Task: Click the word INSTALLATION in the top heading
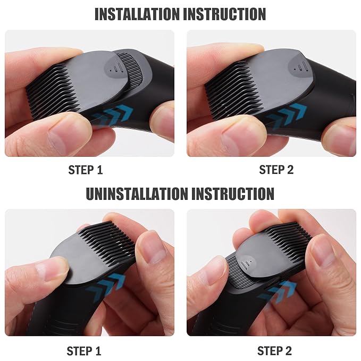137,14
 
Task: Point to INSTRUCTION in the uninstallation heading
232,194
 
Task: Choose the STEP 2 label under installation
276,170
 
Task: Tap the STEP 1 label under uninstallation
83,351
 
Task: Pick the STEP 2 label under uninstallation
274,351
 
